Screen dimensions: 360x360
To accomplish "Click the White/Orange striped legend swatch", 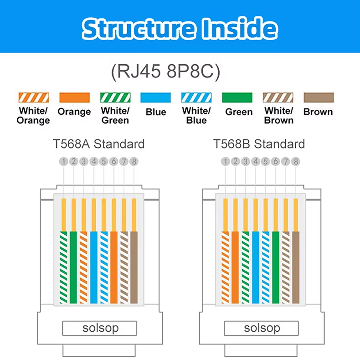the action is (x=34, y=98).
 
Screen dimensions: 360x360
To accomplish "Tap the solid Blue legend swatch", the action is (x=156, y=98).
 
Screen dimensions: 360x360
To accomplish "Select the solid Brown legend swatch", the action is (x=319, y=98).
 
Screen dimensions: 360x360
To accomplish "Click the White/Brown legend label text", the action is (x=279, y=115).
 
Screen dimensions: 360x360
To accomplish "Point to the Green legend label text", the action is (x=239, y=112).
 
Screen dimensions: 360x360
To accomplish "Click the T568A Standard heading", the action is (x=99, y=144).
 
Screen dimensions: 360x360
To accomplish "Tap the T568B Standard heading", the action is (x=259, y=144).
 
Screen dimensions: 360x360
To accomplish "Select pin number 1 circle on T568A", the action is (x=64, y=161).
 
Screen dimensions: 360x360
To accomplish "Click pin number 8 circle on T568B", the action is (x=296, y=161).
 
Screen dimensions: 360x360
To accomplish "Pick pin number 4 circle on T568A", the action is (x=94, y=161).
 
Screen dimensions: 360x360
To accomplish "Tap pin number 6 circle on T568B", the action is (x=276, y=161).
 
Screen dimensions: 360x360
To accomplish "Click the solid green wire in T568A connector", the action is (x=73, y=267).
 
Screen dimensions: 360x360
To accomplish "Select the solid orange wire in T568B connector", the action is (x=235, y=267).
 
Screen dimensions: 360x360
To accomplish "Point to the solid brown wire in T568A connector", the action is (x=134, y=267).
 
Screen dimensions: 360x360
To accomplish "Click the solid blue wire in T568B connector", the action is (x=256, y=267).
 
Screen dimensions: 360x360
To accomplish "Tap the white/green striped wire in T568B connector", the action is (x=246, y=267).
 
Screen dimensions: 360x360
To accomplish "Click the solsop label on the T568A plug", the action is (x=101, y=328).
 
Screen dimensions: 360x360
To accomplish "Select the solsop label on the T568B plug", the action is (x=262, y=328).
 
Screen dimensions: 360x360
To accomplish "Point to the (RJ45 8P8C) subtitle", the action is (x=165, y=72).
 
